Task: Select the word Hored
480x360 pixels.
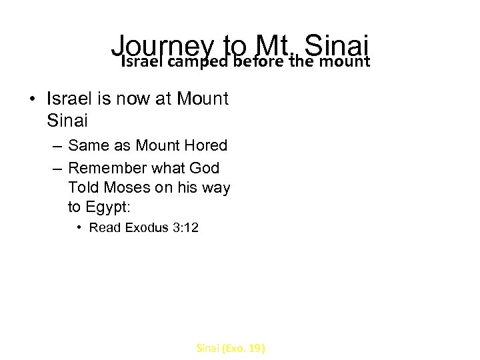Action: [x=203, y=145]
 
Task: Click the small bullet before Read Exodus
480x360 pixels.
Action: [x=79, y=228]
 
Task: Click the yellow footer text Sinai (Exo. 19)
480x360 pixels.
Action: [x=231, y=347]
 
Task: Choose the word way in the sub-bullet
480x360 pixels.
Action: [x=216, y=188]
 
